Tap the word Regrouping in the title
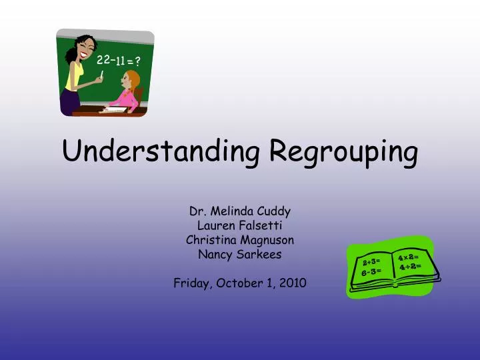point(344,153)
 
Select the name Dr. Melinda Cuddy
point(240,211)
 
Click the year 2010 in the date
point(293,283)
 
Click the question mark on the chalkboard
point(137,63)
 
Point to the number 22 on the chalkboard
point(103,60)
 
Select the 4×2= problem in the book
point(408,257)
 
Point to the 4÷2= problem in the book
point(411,267)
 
